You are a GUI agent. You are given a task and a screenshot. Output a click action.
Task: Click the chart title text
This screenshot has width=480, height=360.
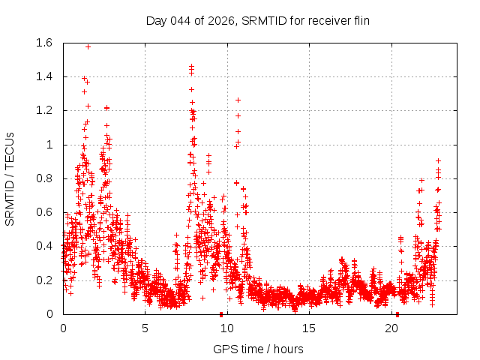pyautogui.click(x=257, y=20)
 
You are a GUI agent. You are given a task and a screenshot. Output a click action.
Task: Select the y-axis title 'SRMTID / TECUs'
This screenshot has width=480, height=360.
pyautogui.click(x=10, y=178)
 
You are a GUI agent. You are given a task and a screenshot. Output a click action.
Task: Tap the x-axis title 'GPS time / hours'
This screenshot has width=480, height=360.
pyautogui.click(x=258, y=349)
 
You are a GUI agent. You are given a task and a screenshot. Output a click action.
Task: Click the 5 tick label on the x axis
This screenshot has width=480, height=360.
pyautogui.click(x=145, y=328)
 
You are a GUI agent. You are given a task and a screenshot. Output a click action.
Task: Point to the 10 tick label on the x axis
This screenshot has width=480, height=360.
pyautogui.click(x=227, y=328)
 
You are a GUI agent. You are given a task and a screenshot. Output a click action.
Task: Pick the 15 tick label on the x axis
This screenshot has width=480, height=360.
pyautogui.click(x=310, y=328)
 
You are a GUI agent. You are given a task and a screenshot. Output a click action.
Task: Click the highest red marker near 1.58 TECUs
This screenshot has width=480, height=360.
pyautogui.click(x=88, y=46)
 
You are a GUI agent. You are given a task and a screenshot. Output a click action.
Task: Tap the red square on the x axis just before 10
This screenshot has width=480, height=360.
pyautogui.click(x=221, y=313)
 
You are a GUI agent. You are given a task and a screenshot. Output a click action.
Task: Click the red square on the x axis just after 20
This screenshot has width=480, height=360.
pyautogui.click(x=397, y=313)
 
